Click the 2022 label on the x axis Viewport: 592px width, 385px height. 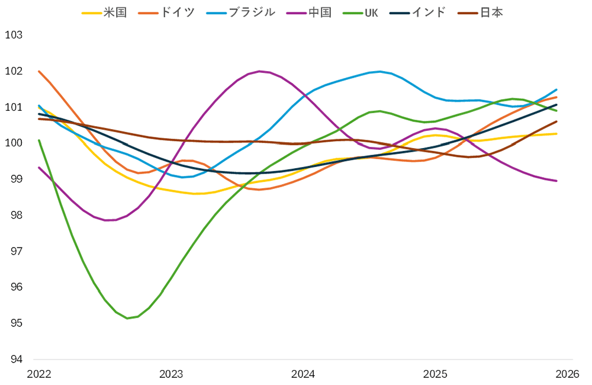click(39, 374)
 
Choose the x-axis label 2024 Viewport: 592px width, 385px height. click(303, 374)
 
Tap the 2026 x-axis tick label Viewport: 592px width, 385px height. click(567, 374)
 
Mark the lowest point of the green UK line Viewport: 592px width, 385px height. click(127, 318)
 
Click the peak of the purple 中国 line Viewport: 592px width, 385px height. click(260, 71)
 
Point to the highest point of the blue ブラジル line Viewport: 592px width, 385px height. click(379, 71)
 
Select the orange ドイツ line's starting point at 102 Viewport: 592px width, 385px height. click(39, 72)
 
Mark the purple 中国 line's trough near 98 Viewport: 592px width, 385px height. click(107, 220)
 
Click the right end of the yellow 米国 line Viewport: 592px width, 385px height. click(556, 134)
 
